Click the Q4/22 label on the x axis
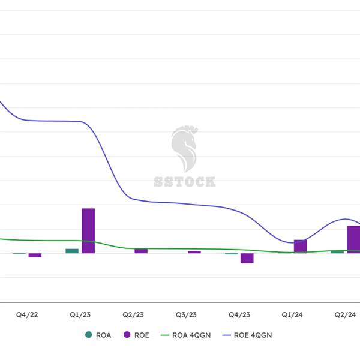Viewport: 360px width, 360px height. (28, 315)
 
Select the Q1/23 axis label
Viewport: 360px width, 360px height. (80, 315)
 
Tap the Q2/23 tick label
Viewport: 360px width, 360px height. (133, 315)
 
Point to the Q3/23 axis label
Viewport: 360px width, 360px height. (186, 315)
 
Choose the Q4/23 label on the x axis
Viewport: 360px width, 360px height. (239, 315)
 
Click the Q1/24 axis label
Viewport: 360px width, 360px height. (292, 315)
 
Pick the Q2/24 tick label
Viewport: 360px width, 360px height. (345, 315)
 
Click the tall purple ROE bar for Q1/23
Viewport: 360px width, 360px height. (88, 230)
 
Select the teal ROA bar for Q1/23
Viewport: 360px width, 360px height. (72, 251)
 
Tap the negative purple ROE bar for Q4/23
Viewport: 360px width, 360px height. (247, 258)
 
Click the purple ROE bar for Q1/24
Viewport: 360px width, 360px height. (300, 246)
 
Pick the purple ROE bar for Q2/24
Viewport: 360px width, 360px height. (353, 239)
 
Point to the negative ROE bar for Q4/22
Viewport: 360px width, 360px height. (35, 255)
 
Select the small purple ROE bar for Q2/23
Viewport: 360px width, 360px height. (141, 251)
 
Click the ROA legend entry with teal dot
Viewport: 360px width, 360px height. (98, 335)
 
